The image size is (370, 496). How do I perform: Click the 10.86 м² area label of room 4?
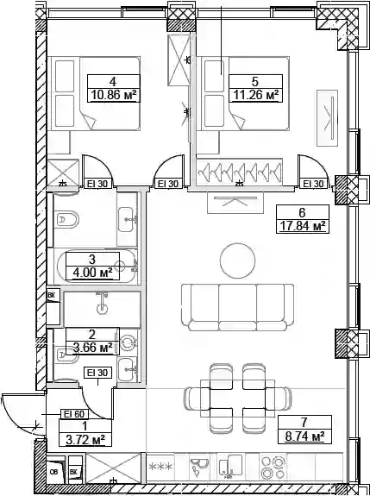pyautogui.click(x=115, y=95)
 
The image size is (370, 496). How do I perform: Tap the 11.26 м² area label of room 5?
pyautogui.click(x=256, y=95)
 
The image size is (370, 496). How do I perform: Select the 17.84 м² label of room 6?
pyautogui.click(x=303, y=226)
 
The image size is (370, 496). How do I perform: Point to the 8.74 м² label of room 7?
pyautogui.click(x=304, y=436)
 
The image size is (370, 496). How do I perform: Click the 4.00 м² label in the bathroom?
pyautogui.click(x=92, y=273)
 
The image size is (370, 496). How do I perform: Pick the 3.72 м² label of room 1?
pyautogui.click(x=85, y=439)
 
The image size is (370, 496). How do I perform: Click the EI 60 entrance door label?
pyautogui.click(x=75, y=414)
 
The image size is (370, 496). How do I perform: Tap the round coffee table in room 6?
pyautogui.click(x=237, y=261)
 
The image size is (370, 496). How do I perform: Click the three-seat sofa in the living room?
pyautogui.click(x=237, y=307)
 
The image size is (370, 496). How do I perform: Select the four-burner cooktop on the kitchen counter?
pyautogui.click(x=272, y=468)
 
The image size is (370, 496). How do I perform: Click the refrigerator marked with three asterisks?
pyautogui.click(x=160, y=467)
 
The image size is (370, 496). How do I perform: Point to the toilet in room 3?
pyautogui.click(x=66, y=219)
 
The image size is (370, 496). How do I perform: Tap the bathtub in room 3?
pyautogui.click(x=97, y=266)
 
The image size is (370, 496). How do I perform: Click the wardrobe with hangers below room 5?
pyautogui.click(x=239, y=172)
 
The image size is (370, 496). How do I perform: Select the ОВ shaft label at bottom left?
pyautogui.click(x=53, y=472)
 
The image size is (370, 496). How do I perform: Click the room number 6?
pyautogui.click(x=302, y=212)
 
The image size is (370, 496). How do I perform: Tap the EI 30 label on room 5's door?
pyautogui.click(x=313, y=184)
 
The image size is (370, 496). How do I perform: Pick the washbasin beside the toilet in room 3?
pyautogui.click(x=128, y=219)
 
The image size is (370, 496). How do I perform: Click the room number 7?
pyautogui.click(x=304, y=423)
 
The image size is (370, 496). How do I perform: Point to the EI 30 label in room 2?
pyautogui.click(x=97, y=373)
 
